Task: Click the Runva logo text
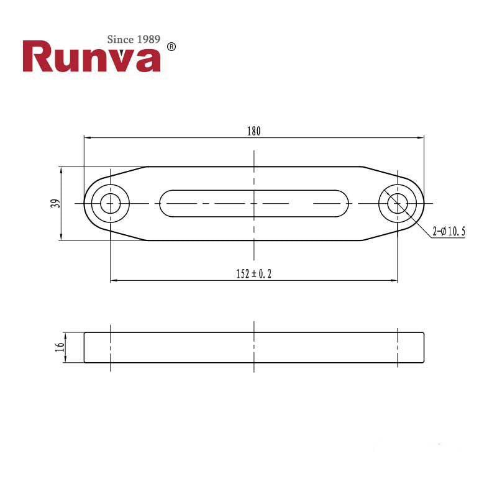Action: click(x=91, y=57)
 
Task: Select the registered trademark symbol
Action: click(x=172, y=47)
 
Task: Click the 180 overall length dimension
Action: click(x=253, y=131)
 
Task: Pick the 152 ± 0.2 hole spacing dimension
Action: click(x=253, y=274)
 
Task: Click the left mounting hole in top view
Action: click(x=111, y=203)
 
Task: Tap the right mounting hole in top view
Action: click(x=398, y=203)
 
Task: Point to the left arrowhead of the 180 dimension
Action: click(x=86, y=137)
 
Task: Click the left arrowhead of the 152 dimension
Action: click(x=113, y=281)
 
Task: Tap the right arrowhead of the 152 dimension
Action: click(x=395, y=281)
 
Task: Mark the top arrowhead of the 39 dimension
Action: click(x=61, y=169)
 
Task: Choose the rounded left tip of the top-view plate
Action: click(x=86, y=203)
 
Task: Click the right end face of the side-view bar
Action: click(x=424, y=347)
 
